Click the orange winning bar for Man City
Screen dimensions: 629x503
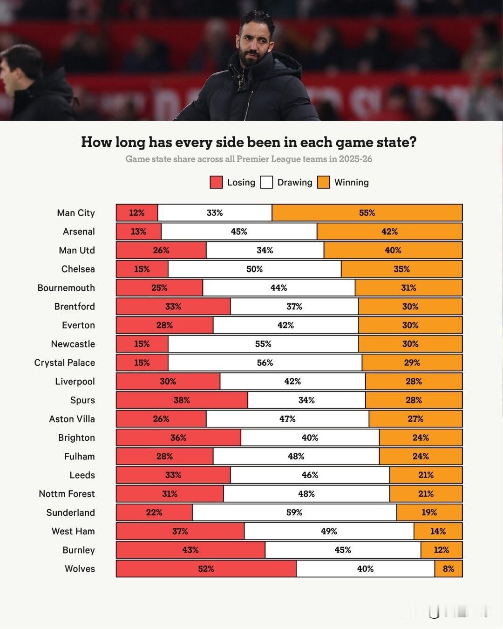(x=367, y=213)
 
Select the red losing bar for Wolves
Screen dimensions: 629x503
(x=206, y=569)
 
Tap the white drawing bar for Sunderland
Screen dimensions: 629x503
(x=294, y=513)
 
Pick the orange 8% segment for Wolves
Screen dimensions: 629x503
(x=449, y=569)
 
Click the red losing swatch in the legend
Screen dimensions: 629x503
(x=216, y=182)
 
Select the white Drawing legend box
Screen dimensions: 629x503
(x=266, y=182)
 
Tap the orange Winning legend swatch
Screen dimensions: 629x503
(x=324, y=182)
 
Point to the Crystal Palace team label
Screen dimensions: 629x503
(x=65, y=362)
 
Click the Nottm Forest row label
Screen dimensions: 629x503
(x=67, y=494)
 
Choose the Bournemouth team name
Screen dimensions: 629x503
(x=66, y=288)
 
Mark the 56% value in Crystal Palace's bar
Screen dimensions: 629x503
(x=265, y=362)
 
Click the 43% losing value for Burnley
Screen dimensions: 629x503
(x=190, y=550)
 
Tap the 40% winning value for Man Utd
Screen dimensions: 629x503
(x=393, y=250)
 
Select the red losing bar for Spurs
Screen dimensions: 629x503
(x=182, y=400)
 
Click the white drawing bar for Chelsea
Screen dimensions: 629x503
(x=254, y=269)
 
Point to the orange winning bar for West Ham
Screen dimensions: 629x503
(x=438, y=531)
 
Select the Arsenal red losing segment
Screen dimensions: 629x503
(x=138, y=232)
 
